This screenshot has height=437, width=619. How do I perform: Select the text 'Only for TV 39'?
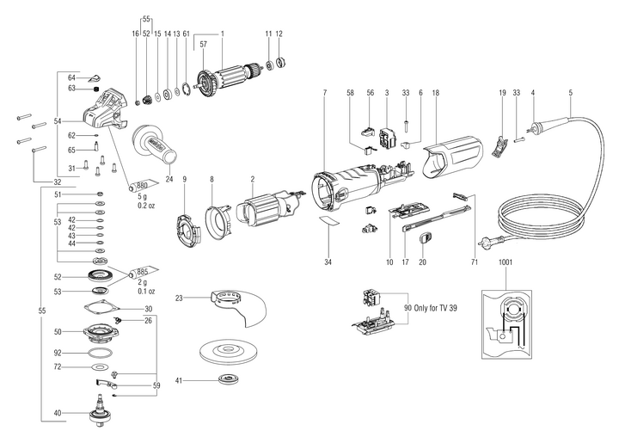(429, 307)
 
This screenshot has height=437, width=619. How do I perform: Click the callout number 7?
(324, 91)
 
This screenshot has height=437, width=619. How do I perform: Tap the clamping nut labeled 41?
(230, 380)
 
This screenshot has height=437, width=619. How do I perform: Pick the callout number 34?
(328, 260)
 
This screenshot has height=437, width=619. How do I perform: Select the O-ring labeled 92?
(102, 353)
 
